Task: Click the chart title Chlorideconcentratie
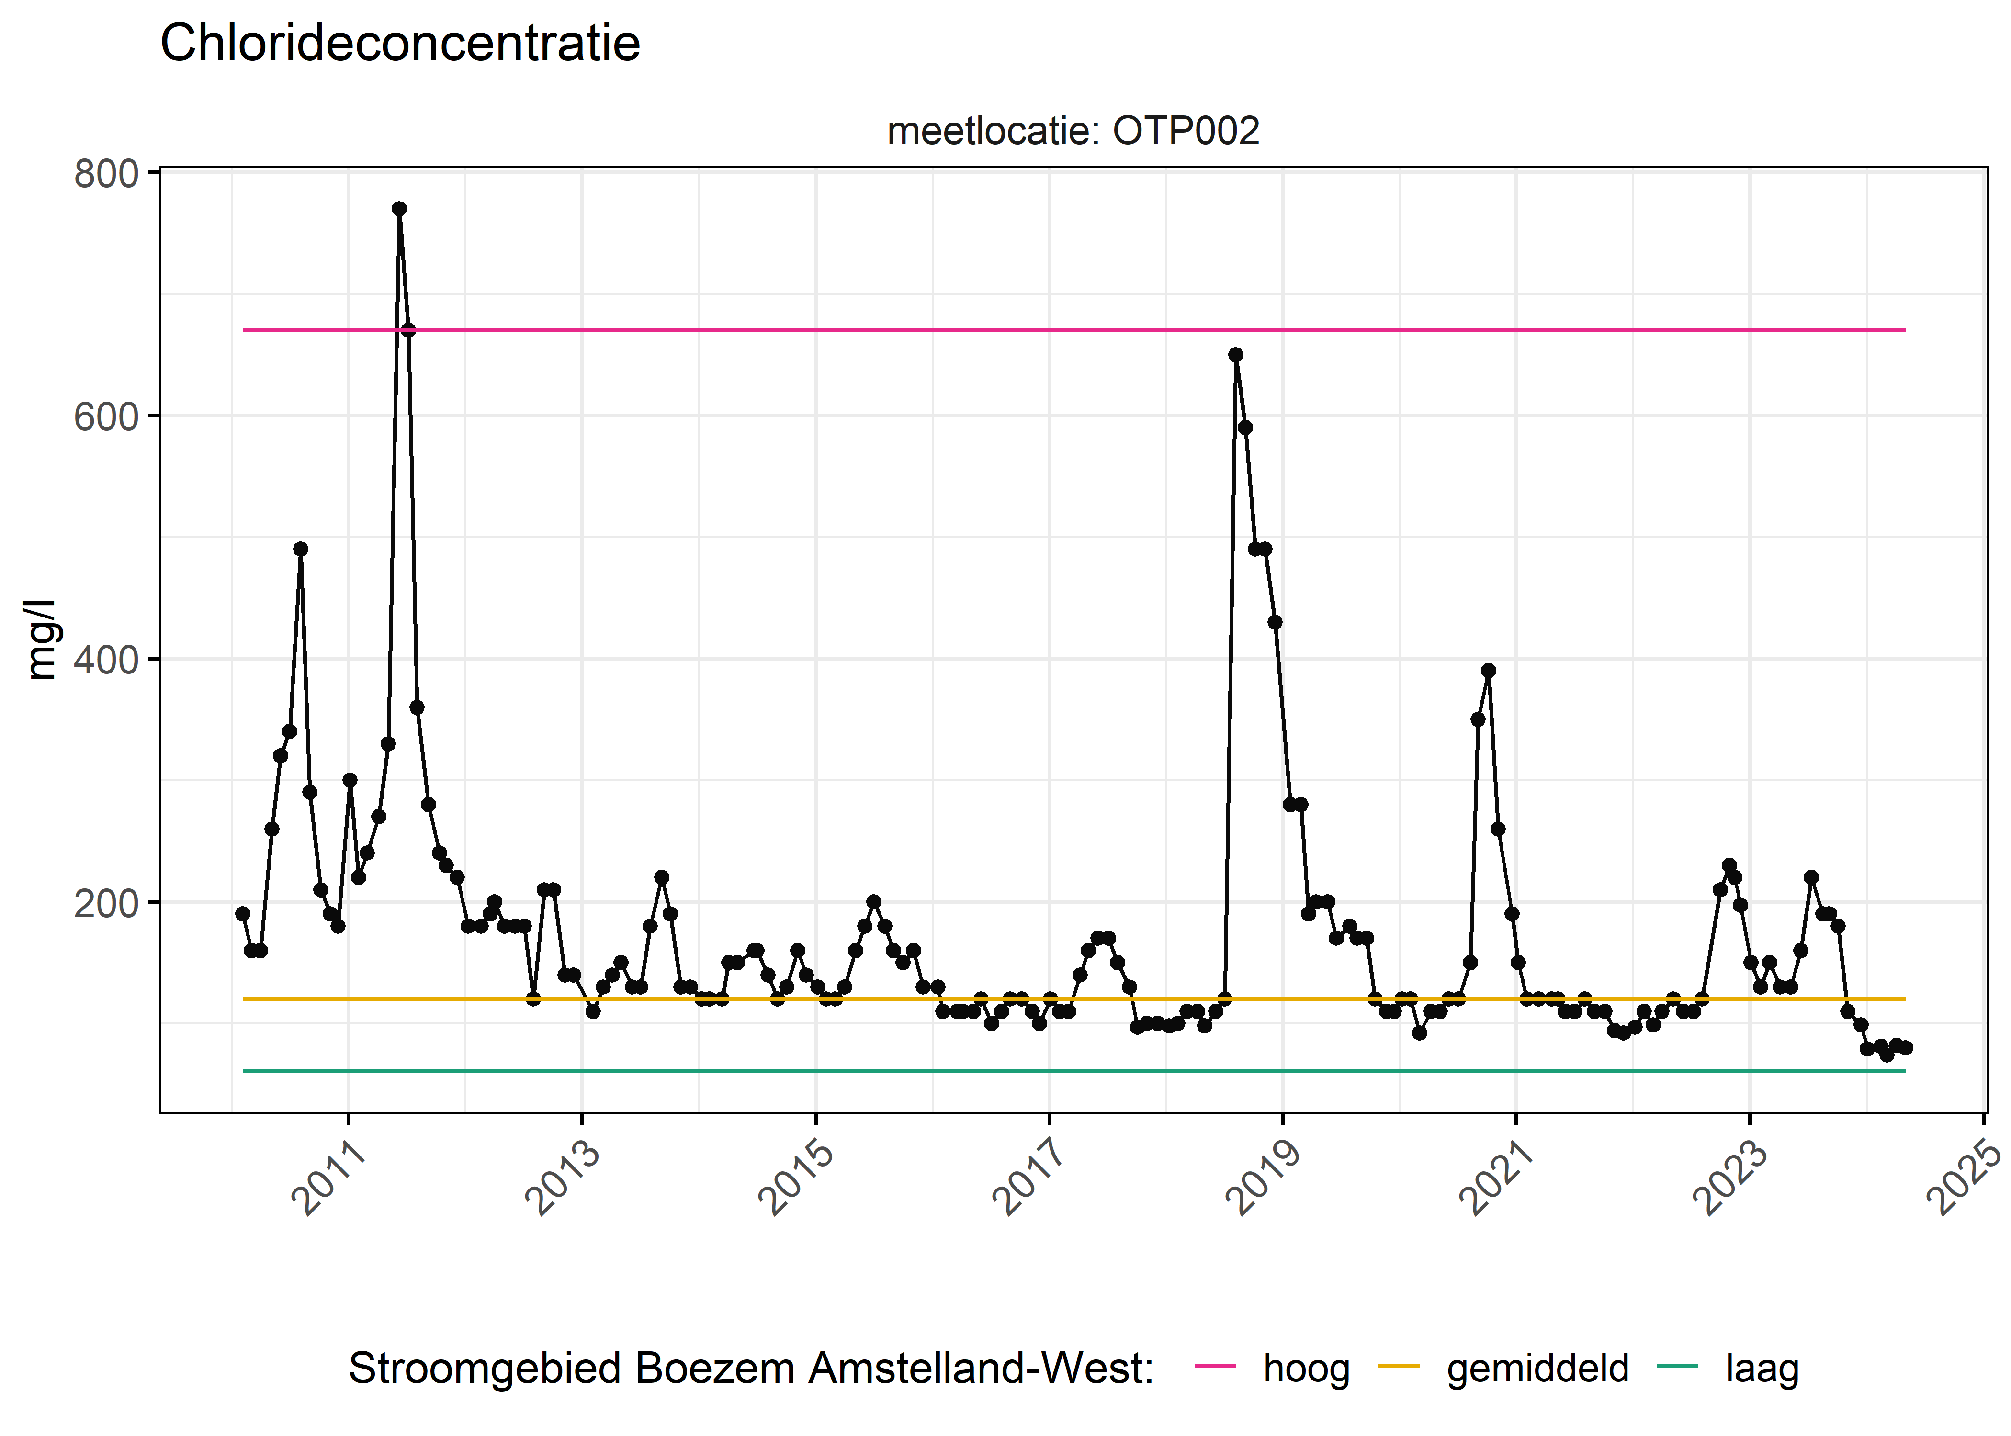[x=400, y=44]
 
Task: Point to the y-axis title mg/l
[x=41, y=639]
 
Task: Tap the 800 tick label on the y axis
[x=106, y=174]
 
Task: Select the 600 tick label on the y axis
[x=106, y=416]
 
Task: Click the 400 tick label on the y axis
[x=106, y=660]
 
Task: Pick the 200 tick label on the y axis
[x=106, y=903]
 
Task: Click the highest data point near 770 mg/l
[x=399, y=209]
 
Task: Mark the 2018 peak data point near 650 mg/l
[x=1235, y=355]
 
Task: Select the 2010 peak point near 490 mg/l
[x=301, y=549]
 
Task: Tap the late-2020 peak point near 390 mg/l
[x=1488, y=670]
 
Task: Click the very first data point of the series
[x=242, y=913]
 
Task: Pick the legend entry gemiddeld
[x=1537, y=1368]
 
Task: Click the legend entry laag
[x=1762, y=1368]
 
